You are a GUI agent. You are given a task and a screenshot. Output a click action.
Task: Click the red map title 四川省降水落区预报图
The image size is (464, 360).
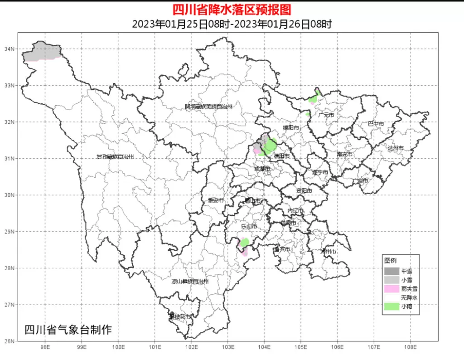pos(232,10)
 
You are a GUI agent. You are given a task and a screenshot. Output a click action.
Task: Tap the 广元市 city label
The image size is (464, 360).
pos(326,115)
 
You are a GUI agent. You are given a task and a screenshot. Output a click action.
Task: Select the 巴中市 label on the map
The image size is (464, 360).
pos(376,124)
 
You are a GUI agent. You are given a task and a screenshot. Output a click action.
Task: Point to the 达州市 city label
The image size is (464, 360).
pos(395,148)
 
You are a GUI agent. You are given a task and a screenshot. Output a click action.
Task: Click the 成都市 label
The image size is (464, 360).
pos(262,169)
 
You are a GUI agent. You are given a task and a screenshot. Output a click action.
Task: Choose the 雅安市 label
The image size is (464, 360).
pos(216,200)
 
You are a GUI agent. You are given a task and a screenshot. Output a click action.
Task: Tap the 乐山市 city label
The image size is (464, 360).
pos(249,226)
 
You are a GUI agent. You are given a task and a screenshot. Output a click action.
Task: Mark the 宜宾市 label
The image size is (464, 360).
pos(282,249)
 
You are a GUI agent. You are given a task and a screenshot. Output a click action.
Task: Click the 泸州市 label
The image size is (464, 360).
pos(329,251)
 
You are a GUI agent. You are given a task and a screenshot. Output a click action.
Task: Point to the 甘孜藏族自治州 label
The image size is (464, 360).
pos(115,157)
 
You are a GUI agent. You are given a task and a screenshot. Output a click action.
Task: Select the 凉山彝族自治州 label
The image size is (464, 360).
pos(190,282)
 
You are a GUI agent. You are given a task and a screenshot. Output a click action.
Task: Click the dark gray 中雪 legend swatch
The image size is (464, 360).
pos(391,271)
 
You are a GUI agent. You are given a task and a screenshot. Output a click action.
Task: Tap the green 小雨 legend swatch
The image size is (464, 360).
pos(391,307)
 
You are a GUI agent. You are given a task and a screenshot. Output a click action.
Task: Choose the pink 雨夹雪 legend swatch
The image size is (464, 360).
pos(391,289)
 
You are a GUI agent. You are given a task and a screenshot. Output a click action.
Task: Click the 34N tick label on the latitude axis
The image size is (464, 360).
pos(10,49)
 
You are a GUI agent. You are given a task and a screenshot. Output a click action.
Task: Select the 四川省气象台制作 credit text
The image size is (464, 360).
pos(68,330)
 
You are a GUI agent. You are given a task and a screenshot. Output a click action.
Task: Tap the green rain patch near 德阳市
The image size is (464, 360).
pos(270,146)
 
